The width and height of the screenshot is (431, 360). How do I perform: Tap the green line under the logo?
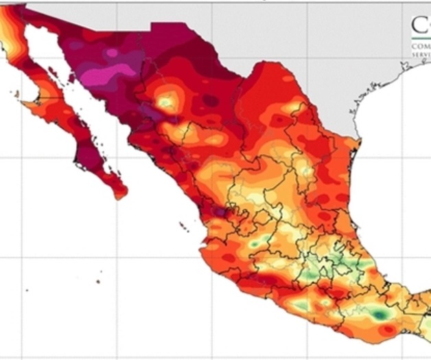coord(421,40)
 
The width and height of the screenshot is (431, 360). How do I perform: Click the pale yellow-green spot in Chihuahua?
coord(166,102)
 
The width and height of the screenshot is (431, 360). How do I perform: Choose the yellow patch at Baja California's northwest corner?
coord(9,27)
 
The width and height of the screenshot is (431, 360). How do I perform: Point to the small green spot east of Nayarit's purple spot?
coord(255,243)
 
